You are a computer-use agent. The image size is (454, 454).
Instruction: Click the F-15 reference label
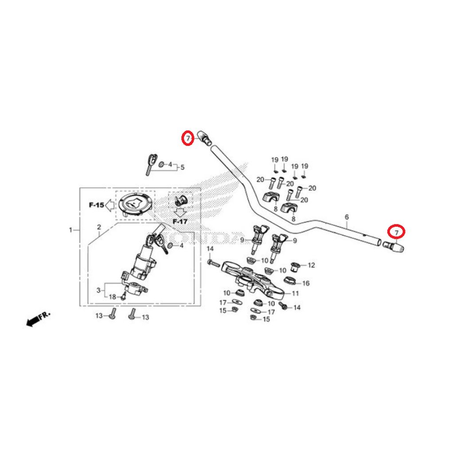click(x=96, y=205)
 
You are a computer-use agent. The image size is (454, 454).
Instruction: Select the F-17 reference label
click(x=180, y=222)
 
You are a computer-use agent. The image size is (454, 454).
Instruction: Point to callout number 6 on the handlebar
click(x=347, y=217)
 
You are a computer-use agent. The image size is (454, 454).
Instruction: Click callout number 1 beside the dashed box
click(x=70, y=230)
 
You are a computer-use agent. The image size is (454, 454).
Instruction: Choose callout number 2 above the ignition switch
click(x=99, y=227)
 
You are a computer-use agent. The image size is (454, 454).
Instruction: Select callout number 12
click(x=311, y=265)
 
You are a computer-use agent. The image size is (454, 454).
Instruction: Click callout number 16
click(x=306, y=283)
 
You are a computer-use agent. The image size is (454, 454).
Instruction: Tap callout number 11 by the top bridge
click(x=295, y=294)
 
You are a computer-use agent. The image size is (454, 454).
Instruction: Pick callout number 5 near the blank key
click(x=182, y=167)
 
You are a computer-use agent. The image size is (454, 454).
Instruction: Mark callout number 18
click(x=112, y=297)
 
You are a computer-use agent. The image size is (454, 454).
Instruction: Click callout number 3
click(x=98, y=290)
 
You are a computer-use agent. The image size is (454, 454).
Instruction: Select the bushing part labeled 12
click(x=295, y=266)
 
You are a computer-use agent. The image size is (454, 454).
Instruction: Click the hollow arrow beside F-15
click(x=110, y=205)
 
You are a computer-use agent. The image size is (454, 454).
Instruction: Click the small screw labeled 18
click(x=124, y=296)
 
